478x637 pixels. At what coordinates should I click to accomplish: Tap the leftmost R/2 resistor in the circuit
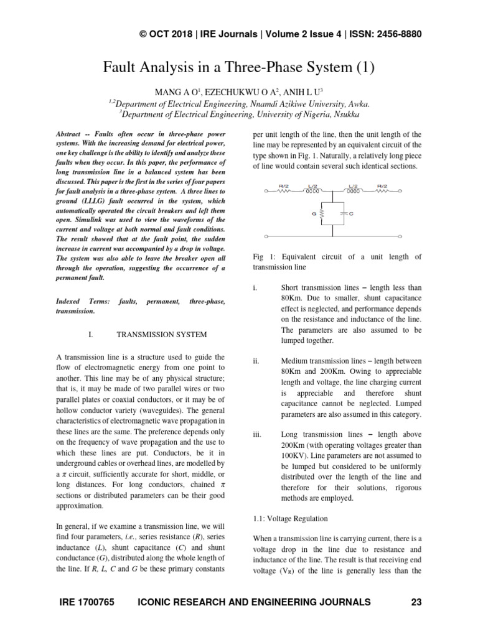pyautogui.click(x=283, y=192)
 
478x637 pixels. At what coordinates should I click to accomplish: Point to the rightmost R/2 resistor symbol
pyautogui.click(x=382, y=192)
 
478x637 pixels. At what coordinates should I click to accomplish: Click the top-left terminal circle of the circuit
pyautogui.click(x=266, y=192)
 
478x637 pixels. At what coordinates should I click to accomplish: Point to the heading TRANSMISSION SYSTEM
pyautogui.click(x=162, y=335)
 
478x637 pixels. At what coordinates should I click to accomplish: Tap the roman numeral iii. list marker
pyautogui.click(x=257, y=434)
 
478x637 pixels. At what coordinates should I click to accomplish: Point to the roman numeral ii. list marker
pyautogui.click(x=256, y=361)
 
